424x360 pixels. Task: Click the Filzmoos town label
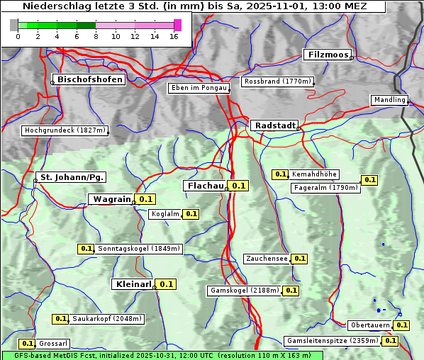point(327,55)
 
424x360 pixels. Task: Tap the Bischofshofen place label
point(90,79)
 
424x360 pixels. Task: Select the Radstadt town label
point(274,125)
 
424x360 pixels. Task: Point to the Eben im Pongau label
point(198,88)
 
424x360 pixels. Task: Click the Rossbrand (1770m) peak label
point(277,81)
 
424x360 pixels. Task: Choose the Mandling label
point(389,100)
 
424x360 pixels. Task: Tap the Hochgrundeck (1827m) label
point(65,130)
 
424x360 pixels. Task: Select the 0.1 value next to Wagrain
point(146,199)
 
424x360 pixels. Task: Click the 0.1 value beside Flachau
point(239,186)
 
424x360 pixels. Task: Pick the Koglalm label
point(165,214)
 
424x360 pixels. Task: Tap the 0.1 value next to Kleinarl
point(166,284)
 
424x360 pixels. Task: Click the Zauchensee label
point(267,259)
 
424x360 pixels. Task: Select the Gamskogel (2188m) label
point(245,291)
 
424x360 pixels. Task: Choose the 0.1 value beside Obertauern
point(401,325)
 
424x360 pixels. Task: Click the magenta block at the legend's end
point(177,25)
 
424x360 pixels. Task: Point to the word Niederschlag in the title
point(55,6)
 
